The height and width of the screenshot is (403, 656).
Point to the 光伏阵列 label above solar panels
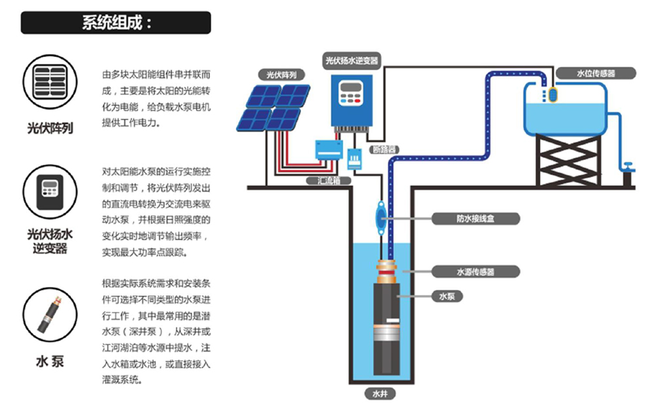click(x=277, y=75)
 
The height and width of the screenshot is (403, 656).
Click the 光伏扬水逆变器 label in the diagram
click(x=352, y=60)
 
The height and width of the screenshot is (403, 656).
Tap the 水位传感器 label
click(x=595, y=74)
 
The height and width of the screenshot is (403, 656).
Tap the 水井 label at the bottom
click(x=380, y=394)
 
